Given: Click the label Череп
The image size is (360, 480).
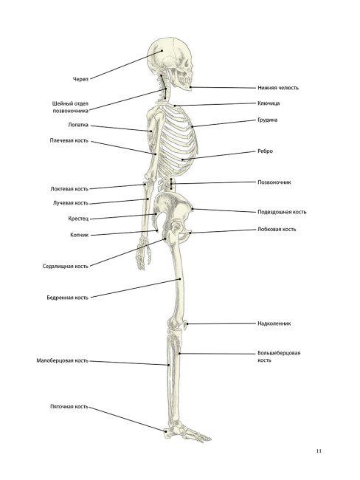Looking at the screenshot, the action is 80,79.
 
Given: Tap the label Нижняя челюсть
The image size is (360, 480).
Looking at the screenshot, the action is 277,88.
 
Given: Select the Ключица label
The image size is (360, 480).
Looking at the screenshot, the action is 269,103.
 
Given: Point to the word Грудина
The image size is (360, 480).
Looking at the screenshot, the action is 267,120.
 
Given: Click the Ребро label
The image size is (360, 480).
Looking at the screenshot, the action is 265,151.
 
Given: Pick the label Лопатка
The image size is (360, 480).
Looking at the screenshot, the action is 78,125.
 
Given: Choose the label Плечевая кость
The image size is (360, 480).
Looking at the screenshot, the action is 69,140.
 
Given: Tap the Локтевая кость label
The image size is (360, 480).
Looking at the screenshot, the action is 69,189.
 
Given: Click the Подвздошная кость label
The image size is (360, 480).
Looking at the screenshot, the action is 282,212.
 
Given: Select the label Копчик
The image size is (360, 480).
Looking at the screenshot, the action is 79,235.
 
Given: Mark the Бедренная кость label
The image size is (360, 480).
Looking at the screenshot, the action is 68,298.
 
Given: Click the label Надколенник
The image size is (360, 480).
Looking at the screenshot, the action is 274,323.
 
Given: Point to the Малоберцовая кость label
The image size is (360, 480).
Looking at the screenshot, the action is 63,360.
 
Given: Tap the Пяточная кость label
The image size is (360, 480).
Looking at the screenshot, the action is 69,407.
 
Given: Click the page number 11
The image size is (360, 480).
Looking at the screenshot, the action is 319,451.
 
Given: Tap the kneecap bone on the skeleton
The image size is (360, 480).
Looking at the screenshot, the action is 185,324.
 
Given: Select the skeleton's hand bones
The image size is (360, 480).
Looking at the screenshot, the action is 143,253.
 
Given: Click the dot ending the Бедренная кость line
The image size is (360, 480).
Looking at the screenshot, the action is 180,279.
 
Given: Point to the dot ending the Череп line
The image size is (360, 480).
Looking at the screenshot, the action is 162,51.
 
